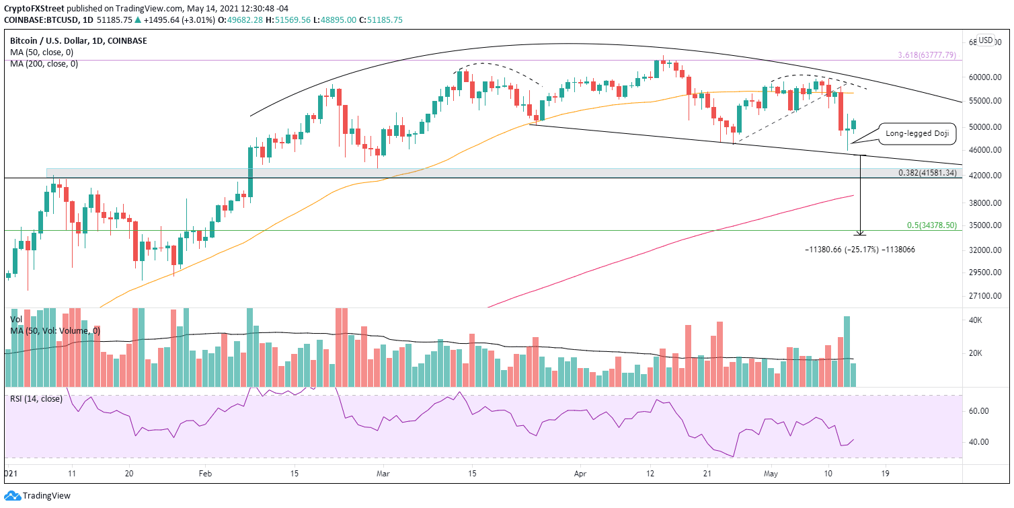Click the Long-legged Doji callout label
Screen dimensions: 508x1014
918,134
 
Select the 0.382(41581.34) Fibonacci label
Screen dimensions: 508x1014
927,173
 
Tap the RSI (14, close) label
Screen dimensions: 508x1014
36,399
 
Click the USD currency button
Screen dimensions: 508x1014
986,40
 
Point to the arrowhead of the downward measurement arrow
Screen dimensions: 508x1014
860,233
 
